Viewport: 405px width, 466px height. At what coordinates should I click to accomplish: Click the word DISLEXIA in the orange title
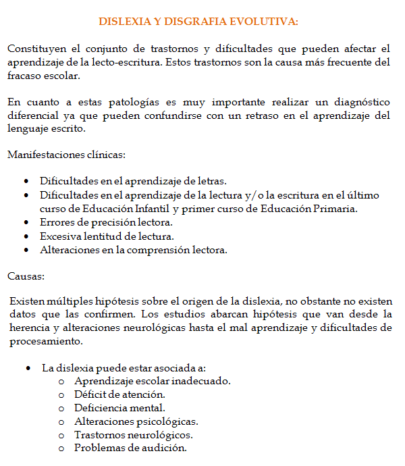124,22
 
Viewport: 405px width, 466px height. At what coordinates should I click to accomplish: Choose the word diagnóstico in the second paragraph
358,102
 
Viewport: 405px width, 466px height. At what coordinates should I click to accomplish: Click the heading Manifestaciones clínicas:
66,155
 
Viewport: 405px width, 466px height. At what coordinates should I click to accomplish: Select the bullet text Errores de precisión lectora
106,222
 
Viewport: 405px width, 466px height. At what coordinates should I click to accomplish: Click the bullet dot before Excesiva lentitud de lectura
25,236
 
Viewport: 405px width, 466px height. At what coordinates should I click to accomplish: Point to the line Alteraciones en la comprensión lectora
134,249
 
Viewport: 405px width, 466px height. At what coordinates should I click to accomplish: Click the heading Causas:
26,276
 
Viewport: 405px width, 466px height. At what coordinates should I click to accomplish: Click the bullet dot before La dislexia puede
28,368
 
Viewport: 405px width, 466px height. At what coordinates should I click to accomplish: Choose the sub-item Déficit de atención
119,394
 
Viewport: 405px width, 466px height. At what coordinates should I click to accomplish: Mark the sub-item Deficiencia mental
119,407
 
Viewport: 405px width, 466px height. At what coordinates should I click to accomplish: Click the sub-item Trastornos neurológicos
133,434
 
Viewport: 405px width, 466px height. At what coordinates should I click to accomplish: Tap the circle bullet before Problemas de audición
61,448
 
